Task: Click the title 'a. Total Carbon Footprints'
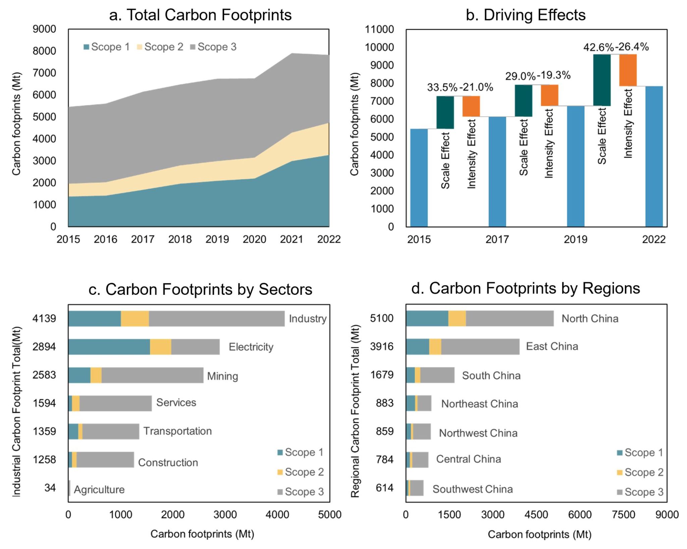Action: pos(200,15)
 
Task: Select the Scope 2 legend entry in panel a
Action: pos(160,47)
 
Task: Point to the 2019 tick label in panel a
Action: pos(217,239)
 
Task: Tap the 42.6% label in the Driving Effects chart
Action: pos(598,47)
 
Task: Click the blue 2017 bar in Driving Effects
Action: pos(497,172)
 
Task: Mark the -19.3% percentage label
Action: pos(553,75)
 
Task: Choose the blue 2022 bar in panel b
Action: pos(654,156)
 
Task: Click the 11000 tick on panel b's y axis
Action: pos(379,30)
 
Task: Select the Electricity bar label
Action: pos(251,347)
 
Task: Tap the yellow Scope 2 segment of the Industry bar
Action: pos(135,319)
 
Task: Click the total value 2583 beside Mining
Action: pos(44,375)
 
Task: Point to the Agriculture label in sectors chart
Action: pos(99,490)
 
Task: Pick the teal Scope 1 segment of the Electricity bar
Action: pos(109,347)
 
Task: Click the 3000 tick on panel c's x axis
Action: pos(225,514)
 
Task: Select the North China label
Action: pos(590,319)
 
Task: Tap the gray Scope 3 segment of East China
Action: pos(480,347)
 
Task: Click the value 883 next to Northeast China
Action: pos(384,403)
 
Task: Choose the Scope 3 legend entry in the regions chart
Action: pos(640,492)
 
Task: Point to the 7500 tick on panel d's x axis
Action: pos(623,514)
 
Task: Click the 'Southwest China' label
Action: pos(472,489)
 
